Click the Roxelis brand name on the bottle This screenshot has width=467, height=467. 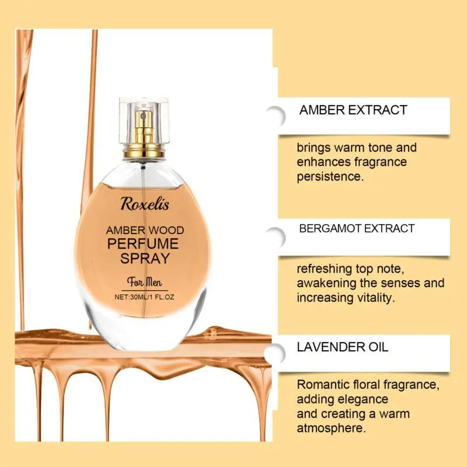(x=145, y=204)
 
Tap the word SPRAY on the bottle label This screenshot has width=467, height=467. (x=145, y=258)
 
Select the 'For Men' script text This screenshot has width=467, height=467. (x=145, y=282)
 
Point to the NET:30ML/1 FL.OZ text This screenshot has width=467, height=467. (x=144, y=297)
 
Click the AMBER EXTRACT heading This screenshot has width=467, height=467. (x=353, y=110)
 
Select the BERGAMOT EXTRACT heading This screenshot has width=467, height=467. (x=357, y=228)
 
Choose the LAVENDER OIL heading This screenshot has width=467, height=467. (x=343, y=347)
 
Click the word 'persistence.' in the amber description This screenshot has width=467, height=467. (x=330, y=177)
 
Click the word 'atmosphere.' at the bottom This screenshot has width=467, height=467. (x=331, y=428)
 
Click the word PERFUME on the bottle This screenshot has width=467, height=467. (x=143, y=243)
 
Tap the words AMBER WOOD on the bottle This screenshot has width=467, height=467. (x=145, y=230)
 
